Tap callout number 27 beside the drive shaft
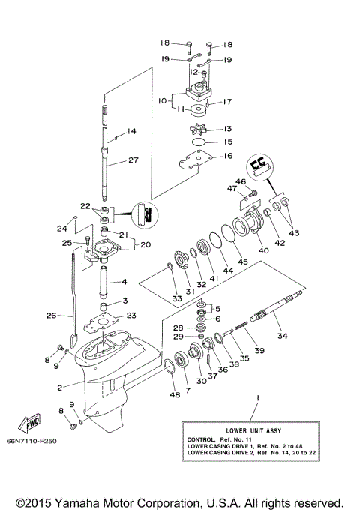pos(134,160)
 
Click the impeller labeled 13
pos(199,129)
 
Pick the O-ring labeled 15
pos(199,142)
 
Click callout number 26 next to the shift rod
pos(52,316)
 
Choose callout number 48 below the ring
pos(175,395)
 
